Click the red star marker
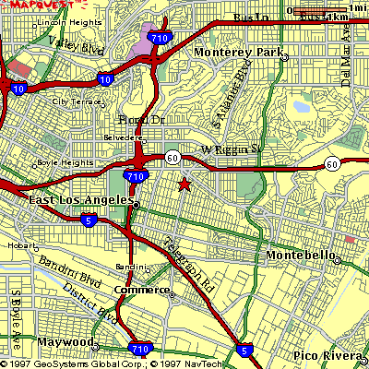[x=184, y=184]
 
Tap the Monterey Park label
[x=239, y=53]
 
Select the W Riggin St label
[x=226, y=149]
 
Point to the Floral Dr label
[x=142, y=120]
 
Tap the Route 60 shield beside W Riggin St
[x=173, y=158]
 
